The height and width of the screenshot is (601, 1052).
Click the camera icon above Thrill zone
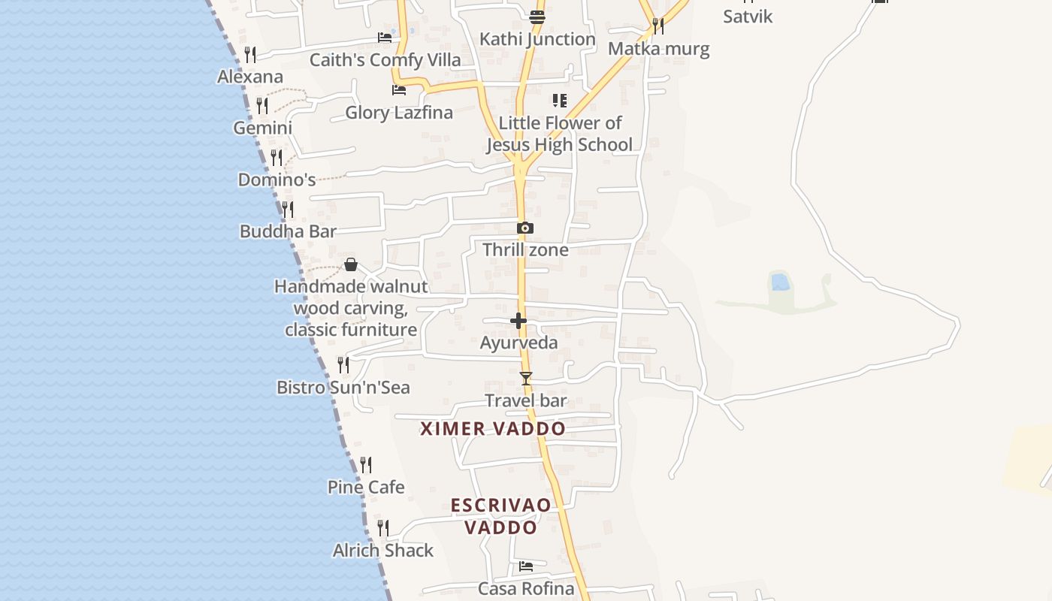pos(525,228)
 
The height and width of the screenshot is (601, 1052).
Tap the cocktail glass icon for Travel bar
pos(526,379)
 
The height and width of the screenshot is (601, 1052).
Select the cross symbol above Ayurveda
pos(518,322)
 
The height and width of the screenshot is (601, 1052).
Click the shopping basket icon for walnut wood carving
pos(351,264)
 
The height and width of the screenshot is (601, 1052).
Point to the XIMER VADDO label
pos(493,429)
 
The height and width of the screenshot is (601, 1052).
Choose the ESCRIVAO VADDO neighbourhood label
pos(501,516)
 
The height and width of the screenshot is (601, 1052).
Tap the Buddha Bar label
pos(288,231)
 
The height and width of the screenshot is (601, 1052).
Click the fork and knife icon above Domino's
pos(277,158)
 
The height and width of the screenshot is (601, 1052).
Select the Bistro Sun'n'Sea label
pos(343,388)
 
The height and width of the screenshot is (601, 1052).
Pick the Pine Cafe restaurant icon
pos(366,465)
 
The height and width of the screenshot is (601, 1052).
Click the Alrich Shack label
pos(383,551)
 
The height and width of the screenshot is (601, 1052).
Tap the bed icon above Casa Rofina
pos(526,566)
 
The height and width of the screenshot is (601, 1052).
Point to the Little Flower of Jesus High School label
pos(560,134)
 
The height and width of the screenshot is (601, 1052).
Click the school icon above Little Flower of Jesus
pos(559,101)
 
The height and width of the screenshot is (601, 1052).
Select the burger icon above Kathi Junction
pos(537,17)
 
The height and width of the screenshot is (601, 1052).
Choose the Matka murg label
pos(658,50)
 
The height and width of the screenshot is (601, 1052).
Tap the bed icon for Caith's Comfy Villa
pos(385,38)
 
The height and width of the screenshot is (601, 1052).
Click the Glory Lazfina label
pos(399,113)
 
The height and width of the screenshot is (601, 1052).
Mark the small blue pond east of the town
pos(780,282)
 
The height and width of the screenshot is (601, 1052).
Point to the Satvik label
pos(748,17)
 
